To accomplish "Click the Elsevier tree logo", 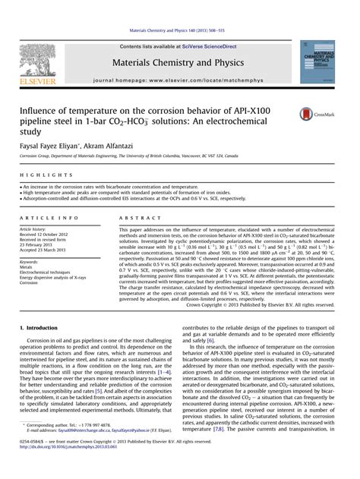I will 37,60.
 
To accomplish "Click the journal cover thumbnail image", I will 322,61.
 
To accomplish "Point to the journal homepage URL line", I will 181,79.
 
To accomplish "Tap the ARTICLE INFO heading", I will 49,217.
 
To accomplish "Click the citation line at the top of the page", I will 181,30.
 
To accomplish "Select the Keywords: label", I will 32,260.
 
